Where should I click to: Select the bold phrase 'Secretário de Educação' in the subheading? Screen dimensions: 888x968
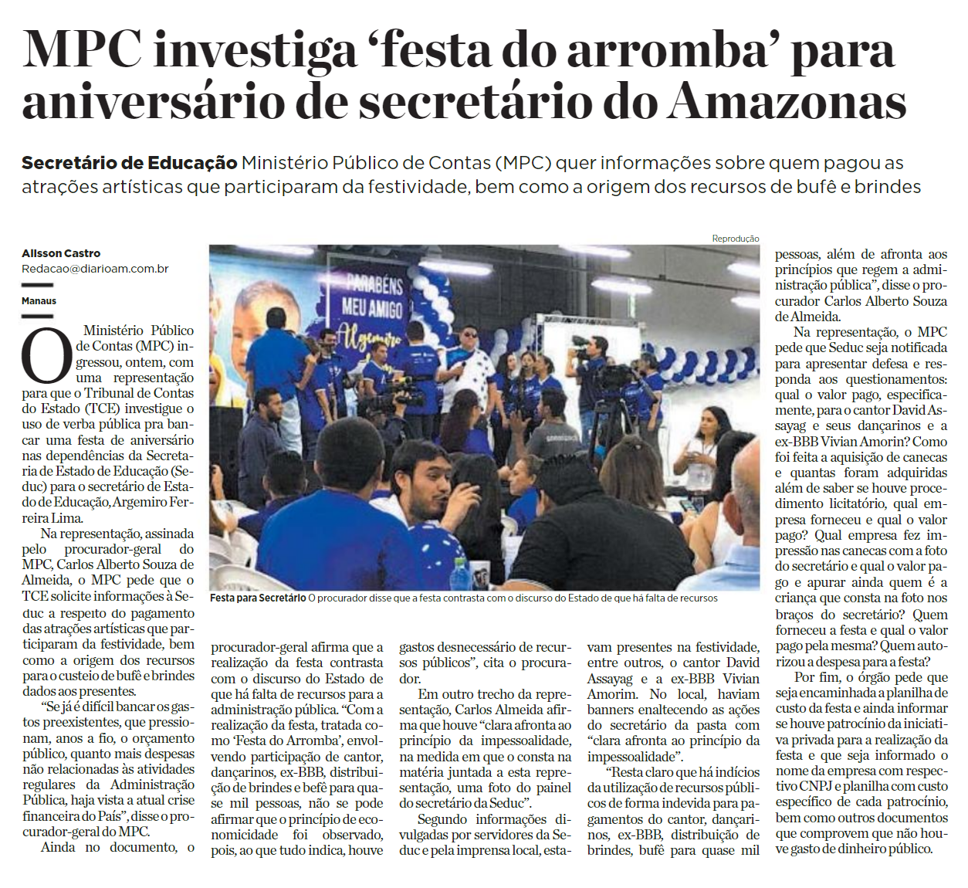pos(129,163)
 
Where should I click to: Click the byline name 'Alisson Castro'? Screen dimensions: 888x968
pos(61,253)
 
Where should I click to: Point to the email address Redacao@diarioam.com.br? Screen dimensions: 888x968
pos(95,269)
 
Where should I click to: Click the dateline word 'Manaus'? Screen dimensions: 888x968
pos(39,300)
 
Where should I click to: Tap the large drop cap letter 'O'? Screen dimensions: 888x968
pos(46,357)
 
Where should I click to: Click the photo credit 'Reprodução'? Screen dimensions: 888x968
pos(735,239)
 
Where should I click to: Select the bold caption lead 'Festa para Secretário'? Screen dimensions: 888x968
pos(258,598)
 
